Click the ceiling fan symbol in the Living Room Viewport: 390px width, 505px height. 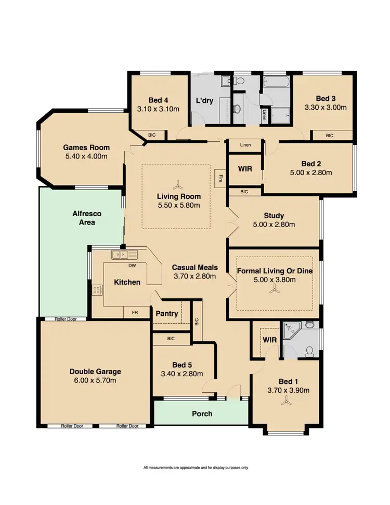coord(178,184)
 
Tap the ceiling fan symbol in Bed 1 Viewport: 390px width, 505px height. coord(284,400)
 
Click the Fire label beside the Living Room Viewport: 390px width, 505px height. coord(220,178)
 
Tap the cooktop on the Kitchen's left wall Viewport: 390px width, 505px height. coord(96,290)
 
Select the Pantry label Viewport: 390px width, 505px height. coord(167,314)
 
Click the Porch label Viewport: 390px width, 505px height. coord(202,414)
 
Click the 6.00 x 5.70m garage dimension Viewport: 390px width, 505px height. coord(95,381)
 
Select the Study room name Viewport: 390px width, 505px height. coord(274,216)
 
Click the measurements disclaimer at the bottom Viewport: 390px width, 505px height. coord(196,468)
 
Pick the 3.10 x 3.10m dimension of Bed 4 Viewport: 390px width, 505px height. coord(158,109)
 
